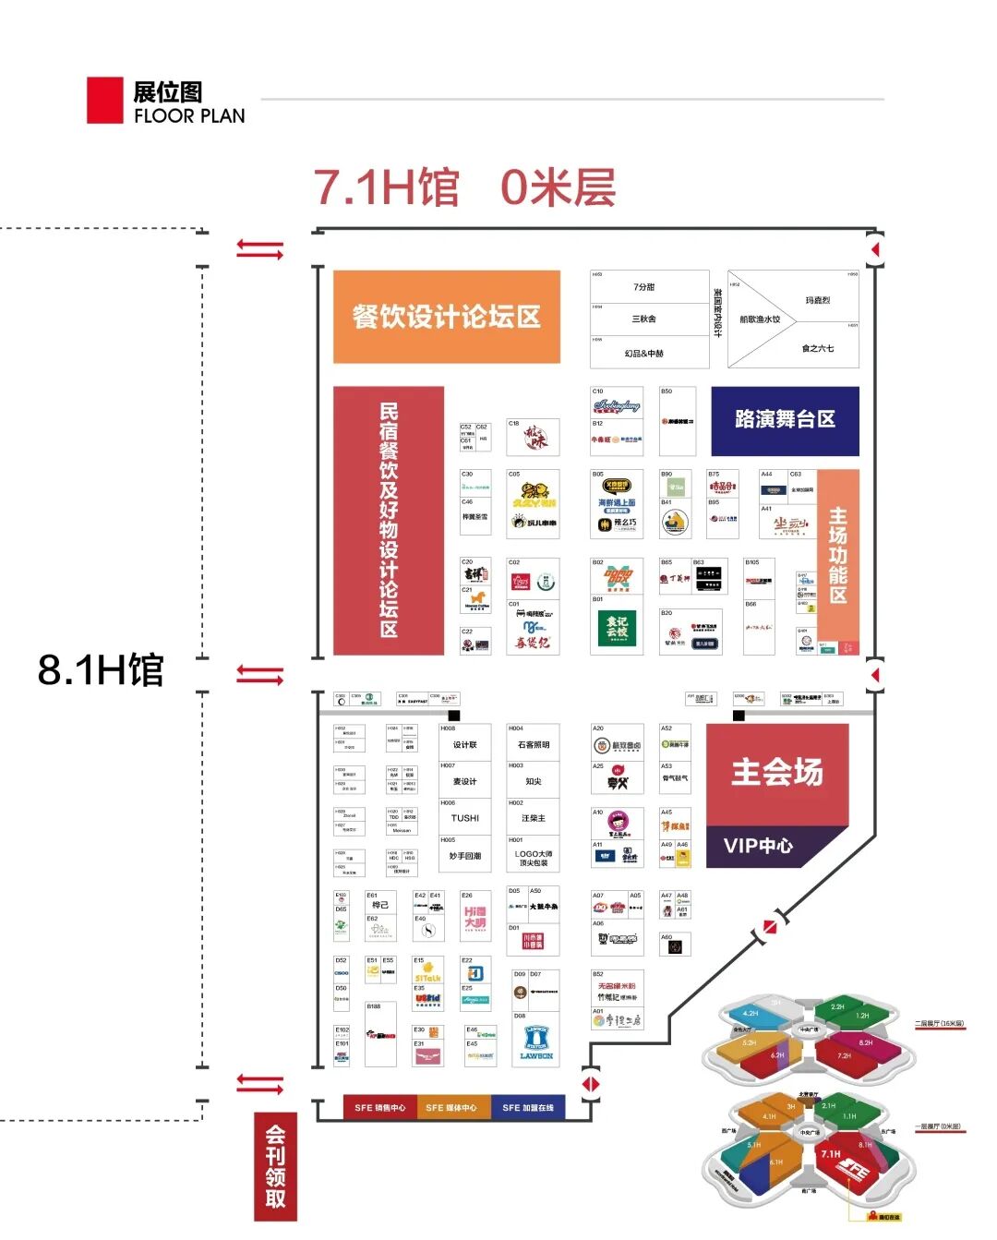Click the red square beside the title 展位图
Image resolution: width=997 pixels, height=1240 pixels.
(x=104, y=100)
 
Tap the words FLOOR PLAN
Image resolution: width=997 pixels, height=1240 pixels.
(x=189, y=116)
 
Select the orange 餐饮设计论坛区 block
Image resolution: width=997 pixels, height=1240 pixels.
(x=447, y=317)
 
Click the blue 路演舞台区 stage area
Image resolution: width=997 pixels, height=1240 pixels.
(x=785, y=420)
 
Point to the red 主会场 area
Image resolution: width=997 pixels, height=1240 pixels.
(x=777, y=773)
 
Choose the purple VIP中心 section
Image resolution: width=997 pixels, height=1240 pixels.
(x=759, y=846)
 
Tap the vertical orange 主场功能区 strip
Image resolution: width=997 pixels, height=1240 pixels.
(x=838, y=554)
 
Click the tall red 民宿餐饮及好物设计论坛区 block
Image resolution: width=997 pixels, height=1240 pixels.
(x=389, y=520)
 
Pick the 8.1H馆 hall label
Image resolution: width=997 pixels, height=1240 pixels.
(x=101, y=669)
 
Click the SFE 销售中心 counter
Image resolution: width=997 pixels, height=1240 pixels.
(x=380, y=1107)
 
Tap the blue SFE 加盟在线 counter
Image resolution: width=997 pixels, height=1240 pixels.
(x=527, y=1107)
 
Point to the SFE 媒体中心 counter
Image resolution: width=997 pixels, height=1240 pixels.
(x=451, y=1107)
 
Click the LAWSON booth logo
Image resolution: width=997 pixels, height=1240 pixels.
(x=536, y=1042)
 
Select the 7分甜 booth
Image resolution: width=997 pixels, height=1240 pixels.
(x=644, y=287)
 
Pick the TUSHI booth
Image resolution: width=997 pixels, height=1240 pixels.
(x=465, y=818)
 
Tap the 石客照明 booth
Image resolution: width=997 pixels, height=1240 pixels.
(x=534, y=744)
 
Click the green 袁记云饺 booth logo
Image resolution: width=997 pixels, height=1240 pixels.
(x=617, y=628)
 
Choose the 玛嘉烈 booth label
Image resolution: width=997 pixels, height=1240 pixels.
(x=817, y=301)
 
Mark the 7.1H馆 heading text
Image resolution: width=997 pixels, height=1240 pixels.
(x=387, y=187)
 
